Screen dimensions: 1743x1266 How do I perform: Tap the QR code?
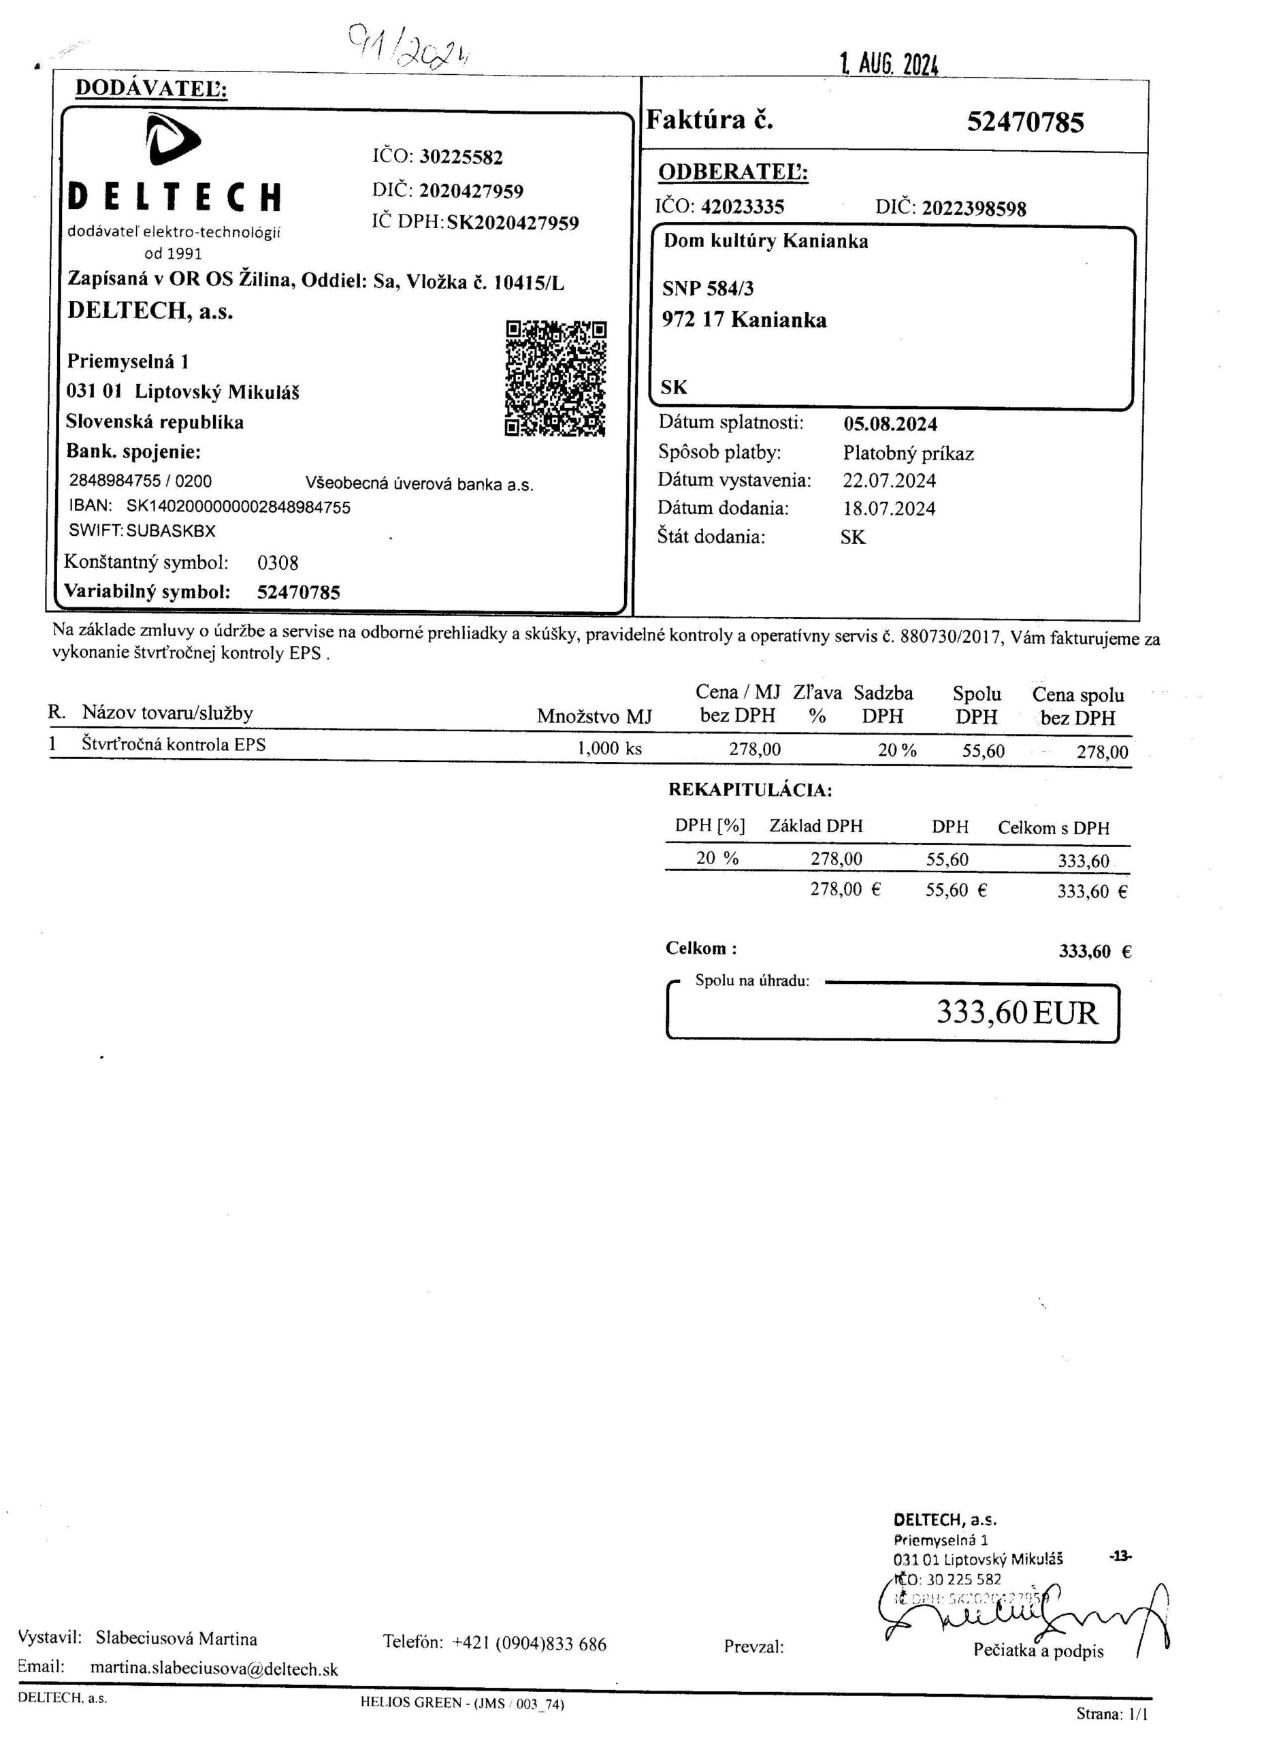point(555,378)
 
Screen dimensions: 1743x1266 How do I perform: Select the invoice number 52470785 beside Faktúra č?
point(1025,122)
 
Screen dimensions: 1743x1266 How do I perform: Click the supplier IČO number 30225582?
point(461,157)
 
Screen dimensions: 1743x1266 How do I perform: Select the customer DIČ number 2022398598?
point(973,208)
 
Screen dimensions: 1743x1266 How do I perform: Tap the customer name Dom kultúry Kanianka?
point(766,241)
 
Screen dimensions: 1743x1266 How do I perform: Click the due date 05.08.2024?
point(890,424)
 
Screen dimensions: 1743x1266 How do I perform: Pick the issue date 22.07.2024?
point(890,481)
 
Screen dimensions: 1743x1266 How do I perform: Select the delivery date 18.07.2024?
point(890,509)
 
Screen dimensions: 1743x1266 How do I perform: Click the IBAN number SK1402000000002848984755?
point(238,507)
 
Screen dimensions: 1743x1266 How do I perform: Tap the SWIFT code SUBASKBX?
point(172,530)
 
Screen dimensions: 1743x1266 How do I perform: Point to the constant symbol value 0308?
point(277,563)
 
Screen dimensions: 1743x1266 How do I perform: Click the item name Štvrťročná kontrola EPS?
point(174,745)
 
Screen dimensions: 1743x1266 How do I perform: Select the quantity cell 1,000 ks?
point(609,748)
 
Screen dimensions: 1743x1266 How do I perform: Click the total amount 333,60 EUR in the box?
point(1016,1013)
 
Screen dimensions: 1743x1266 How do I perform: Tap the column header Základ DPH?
point(816,827)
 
